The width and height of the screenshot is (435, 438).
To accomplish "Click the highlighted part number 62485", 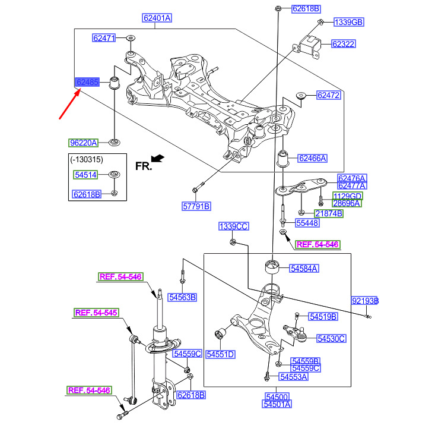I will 87,81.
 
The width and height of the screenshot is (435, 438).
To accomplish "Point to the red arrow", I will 71,102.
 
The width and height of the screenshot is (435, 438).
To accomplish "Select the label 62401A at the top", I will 157,18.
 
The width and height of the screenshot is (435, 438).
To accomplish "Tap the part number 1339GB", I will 348,23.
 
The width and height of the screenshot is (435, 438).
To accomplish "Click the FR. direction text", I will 144,166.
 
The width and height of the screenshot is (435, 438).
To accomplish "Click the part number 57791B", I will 196,207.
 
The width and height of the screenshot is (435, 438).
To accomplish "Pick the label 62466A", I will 312,159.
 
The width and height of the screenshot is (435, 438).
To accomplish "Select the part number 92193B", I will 364,301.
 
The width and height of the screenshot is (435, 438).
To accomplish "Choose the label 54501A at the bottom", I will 277,405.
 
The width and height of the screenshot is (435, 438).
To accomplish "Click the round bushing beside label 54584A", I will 272,264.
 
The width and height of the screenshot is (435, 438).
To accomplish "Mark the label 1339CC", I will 233,226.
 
